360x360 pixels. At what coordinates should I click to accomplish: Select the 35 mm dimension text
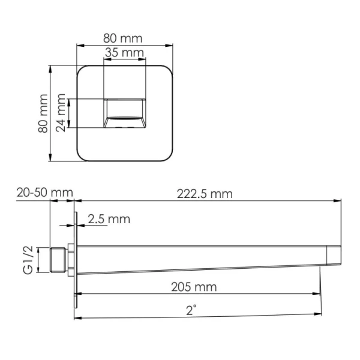pos(125,53)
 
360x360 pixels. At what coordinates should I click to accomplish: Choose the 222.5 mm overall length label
pos(205,193)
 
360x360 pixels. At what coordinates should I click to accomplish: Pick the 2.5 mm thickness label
pos(109,219)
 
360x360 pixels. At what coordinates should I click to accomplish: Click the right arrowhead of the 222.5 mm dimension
pos(338,201)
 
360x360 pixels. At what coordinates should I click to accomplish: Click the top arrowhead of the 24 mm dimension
pos(72,101)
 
